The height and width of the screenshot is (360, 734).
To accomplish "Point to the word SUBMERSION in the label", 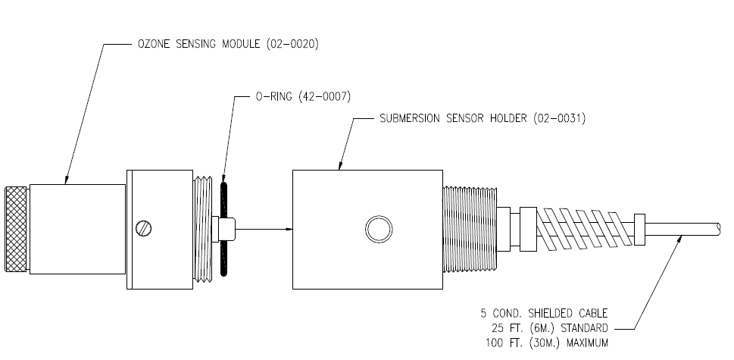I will pyautogui.click(x=416, y=118).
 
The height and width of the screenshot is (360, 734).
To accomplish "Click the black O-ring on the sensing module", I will pyautogui.click(x=224, y=227).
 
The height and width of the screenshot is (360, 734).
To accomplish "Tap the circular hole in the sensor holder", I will pyautogui.click(x=377, y=228).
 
